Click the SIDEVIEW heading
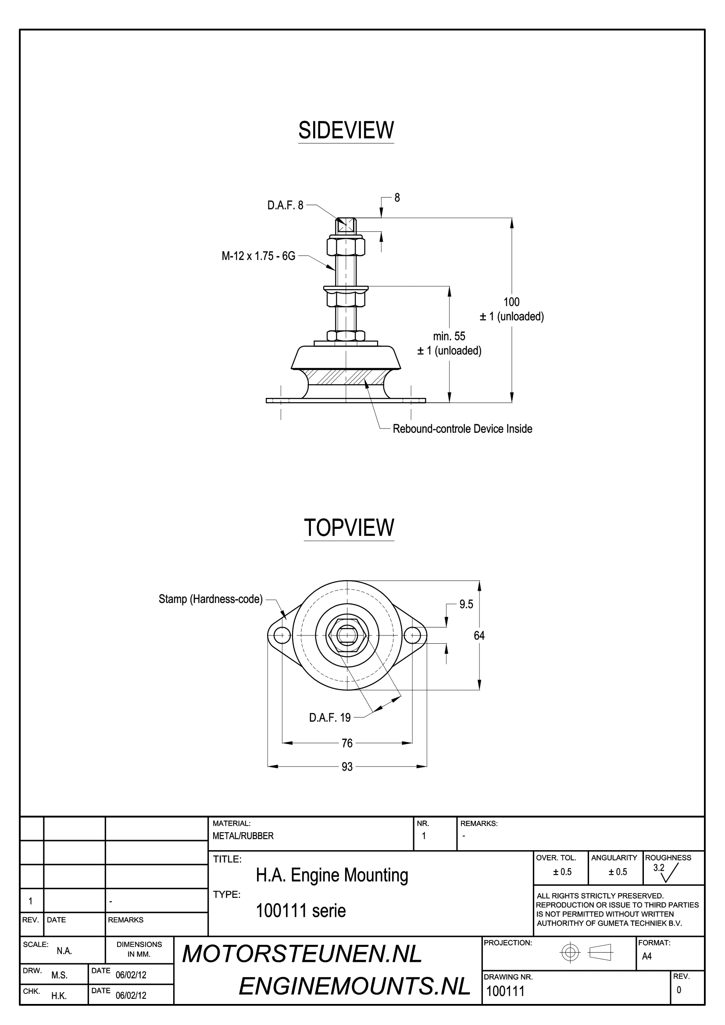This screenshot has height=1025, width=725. [x=346, y=130]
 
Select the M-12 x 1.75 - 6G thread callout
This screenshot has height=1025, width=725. [x=258, y=256]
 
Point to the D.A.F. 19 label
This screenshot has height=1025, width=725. [x=330, y=718]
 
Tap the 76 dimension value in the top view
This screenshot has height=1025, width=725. [x=347, y=743]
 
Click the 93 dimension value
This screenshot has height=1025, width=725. [x=347, y=767]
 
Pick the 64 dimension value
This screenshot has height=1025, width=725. [x=479, y=636]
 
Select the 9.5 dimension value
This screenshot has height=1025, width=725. [x=466, y=604]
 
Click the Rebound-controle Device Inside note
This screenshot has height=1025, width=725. [x=462, y=429]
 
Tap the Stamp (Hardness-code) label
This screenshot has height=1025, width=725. [x=211, y=599]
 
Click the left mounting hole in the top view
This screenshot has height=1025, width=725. [x=282, y=635]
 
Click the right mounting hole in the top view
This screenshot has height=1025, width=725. [x=412, y=635]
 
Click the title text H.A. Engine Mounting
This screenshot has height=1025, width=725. [x=332, y=876]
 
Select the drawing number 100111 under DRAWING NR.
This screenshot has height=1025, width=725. [x=505, y=992]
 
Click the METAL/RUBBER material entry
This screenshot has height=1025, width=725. [x=243, y=836]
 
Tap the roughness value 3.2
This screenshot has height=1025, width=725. [x=658, y=868]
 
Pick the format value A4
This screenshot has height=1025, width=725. [x=646, y=956]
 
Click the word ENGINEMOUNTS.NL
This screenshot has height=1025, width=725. [x=354, y=986]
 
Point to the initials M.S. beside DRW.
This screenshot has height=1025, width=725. [x=59, y=975]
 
